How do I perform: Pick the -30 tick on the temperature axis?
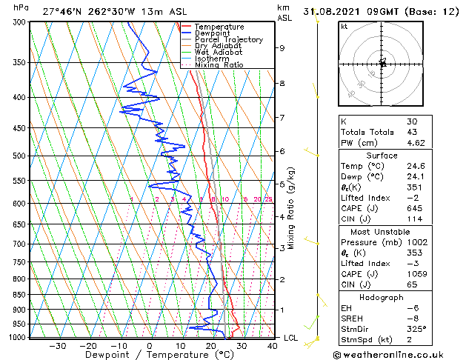tap(57, 345)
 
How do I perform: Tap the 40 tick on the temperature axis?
tap(273, 345)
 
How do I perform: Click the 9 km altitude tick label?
tap(282, 48)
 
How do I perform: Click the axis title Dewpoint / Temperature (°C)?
tap(148, 355)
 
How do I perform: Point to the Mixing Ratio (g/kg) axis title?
tap(291, 208)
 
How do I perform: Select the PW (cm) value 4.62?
tap(414, 142)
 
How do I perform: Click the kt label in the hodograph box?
tap(344, 26)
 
